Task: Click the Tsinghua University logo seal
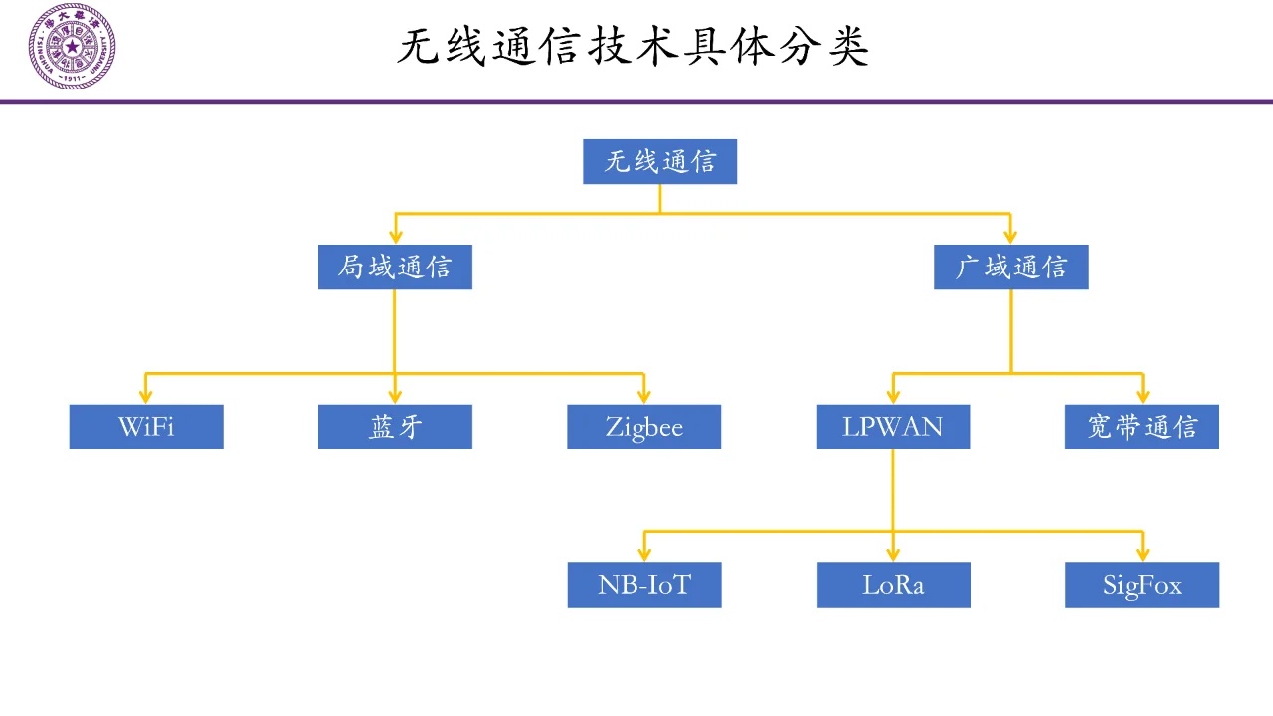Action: [72, 47]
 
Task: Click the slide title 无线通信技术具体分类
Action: [634, 47]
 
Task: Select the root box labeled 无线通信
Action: [659, 161]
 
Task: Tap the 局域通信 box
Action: [395, 268]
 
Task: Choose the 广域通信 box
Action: [1010, 268]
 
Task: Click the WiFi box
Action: [146, 427]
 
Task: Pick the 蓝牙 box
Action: [395, 427]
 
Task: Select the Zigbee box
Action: [643, 427]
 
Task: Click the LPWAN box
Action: [892, 427]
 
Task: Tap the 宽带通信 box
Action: [1142, 427]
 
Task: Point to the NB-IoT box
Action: [643, 585]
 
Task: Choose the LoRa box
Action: [893, 585]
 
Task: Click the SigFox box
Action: [1142, 585]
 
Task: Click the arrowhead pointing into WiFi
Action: [146, 396]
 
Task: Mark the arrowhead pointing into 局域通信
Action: [395, 237]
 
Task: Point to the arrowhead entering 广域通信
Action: [1010, 237]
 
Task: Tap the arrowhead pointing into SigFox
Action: [1142, 554]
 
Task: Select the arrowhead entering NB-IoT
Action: [643, 554]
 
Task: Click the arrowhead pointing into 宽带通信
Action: [1142, 396]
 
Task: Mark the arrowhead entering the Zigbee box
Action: [643, 396]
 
